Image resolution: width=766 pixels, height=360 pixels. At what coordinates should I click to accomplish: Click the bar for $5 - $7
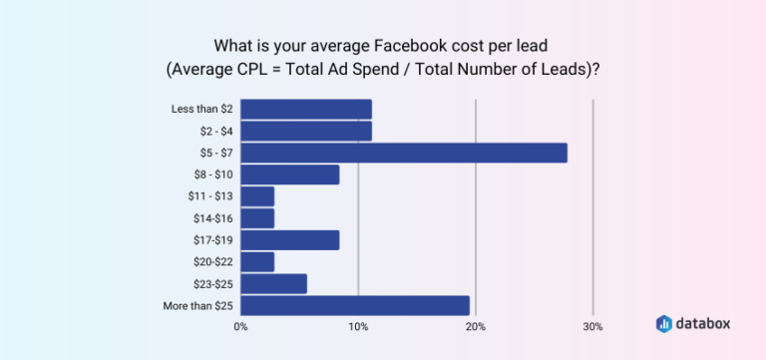(x=403, y=153)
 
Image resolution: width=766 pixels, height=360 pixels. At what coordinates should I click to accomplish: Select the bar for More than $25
(x=354, y=305)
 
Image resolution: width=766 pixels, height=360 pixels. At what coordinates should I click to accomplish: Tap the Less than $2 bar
(x=305, y=109)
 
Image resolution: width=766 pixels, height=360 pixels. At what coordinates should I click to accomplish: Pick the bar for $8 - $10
(x=289, y=175)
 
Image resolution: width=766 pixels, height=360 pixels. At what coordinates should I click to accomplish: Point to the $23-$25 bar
(x=273, y=283)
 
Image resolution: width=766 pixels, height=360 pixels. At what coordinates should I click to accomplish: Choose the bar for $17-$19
(x=289, y=239)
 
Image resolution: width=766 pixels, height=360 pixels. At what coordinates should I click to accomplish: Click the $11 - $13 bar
(x=257, y=196)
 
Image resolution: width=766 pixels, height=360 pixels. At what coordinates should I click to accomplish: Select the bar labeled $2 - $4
(x=305, y=131)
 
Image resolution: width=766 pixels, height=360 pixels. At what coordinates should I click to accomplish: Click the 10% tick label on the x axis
(x=358, y=326)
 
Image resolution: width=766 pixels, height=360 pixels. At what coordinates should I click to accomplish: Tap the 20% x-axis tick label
(x=476, y=326)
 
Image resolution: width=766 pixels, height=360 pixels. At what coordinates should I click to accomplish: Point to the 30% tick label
(x=592, y=326)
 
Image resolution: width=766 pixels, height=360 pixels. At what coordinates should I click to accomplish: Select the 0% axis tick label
(x=240, y=326)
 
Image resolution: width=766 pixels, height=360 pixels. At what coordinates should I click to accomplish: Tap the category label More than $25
(x=198, y=305)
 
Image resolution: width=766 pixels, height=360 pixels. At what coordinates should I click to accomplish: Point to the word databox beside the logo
(x=704, y=323)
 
